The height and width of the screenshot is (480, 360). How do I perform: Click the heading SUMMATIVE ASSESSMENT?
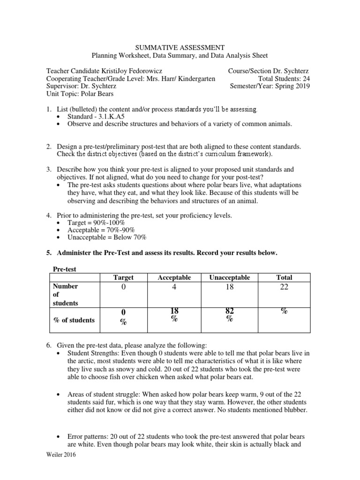(180, 47)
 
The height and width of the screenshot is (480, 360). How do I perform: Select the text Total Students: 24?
(284, 79)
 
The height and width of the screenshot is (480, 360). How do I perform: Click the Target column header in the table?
(123, 277)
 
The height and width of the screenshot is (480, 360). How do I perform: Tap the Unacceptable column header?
(230, 277)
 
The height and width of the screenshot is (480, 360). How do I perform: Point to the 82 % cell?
(230, 315)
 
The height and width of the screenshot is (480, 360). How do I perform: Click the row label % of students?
(74, 320)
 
